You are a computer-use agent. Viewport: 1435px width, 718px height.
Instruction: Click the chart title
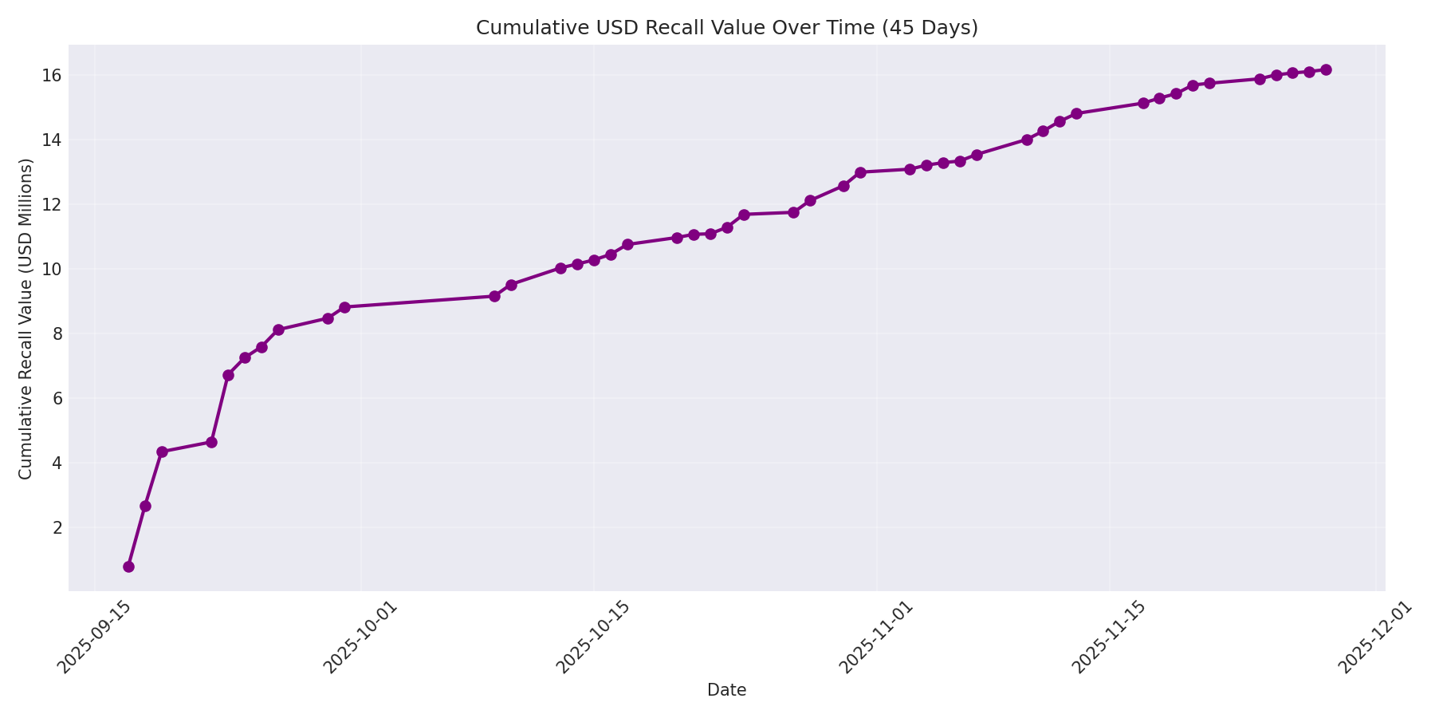[x=726, y=28]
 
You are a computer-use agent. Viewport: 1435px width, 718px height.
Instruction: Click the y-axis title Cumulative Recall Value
[x=26, y=319]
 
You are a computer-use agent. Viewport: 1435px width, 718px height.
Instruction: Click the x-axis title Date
[x=726, y=690]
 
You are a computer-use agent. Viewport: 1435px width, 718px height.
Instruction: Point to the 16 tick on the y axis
[x=52, y=76]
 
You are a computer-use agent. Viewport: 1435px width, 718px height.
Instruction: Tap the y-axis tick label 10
[x=52, y=269]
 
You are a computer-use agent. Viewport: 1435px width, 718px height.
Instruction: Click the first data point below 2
[x=128, y=566]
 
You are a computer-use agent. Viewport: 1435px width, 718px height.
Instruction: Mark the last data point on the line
[x=1326, y=70]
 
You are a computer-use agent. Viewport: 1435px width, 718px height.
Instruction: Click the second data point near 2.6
[x=145, y=506]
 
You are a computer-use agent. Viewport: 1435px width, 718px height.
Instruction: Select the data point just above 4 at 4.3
[x=162, y=452]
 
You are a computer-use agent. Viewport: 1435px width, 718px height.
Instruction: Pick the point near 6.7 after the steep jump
[x=228, y=375]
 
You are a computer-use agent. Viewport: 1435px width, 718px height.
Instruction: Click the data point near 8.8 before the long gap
[x=344, y=307]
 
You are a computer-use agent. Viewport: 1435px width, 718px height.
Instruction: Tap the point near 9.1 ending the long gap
[x=494, y=296]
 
